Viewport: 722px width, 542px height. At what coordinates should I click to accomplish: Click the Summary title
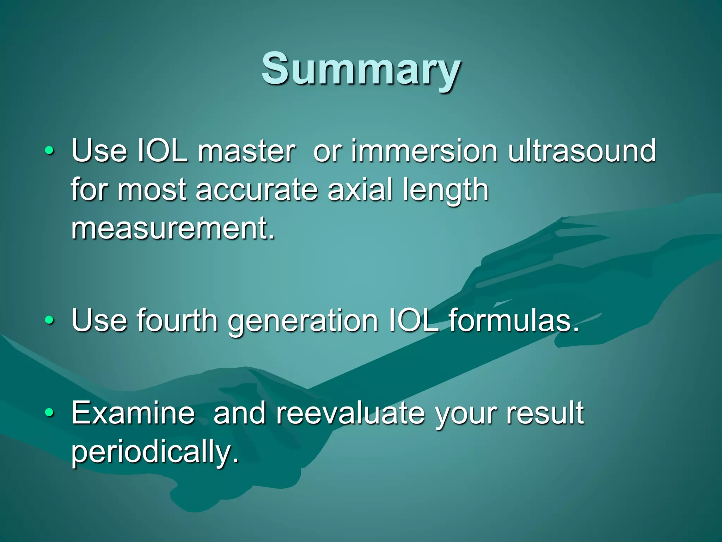[361, 69]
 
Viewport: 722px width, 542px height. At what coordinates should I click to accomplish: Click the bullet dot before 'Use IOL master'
[50, 151]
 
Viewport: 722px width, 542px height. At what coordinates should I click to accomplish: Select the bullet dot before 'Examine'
[50, 412]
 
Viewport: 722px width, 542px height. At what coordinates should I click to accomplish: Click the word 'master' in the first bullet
[246, 151]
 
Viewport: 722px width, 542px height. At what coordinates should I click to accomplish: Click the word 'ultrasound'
[582, 151]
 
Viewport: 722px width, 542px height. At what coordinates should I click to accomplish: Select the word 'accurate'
[257, 190]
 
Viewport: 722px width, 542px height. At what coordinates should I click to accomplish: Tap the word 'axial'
[360, 190]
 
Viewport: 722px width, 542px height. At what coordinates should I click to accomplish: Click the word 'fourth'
[177, 320]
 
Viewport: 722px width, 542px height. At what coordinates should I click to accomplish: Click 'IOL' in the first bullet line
[162, 151]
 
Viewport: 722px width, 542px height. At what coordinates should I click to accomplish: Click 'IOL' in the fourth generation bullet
[413, 320]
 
